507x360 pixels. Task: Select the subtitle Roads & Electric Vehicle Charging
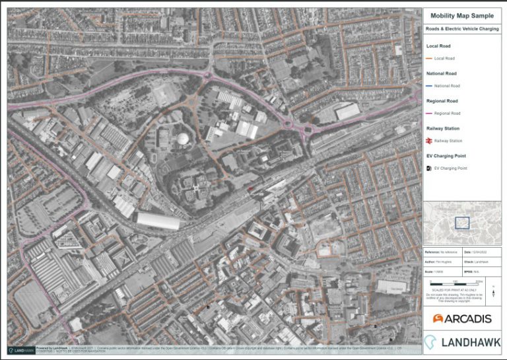pos(461,29)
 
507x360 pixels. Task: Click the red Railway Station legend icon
pos(430,141)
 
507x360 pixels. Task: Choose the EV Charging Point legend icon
pos(430,168)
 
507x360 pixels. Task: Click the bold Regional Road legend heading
pos(443,101)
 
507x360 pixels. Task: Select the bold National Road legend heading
pos(443,74)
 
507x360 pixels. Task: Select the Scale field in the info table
pos(438,271)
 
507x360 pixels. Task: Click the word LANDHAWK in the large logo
pos(470,342)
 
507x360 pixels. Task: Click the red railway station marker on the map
pos(250,188)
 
